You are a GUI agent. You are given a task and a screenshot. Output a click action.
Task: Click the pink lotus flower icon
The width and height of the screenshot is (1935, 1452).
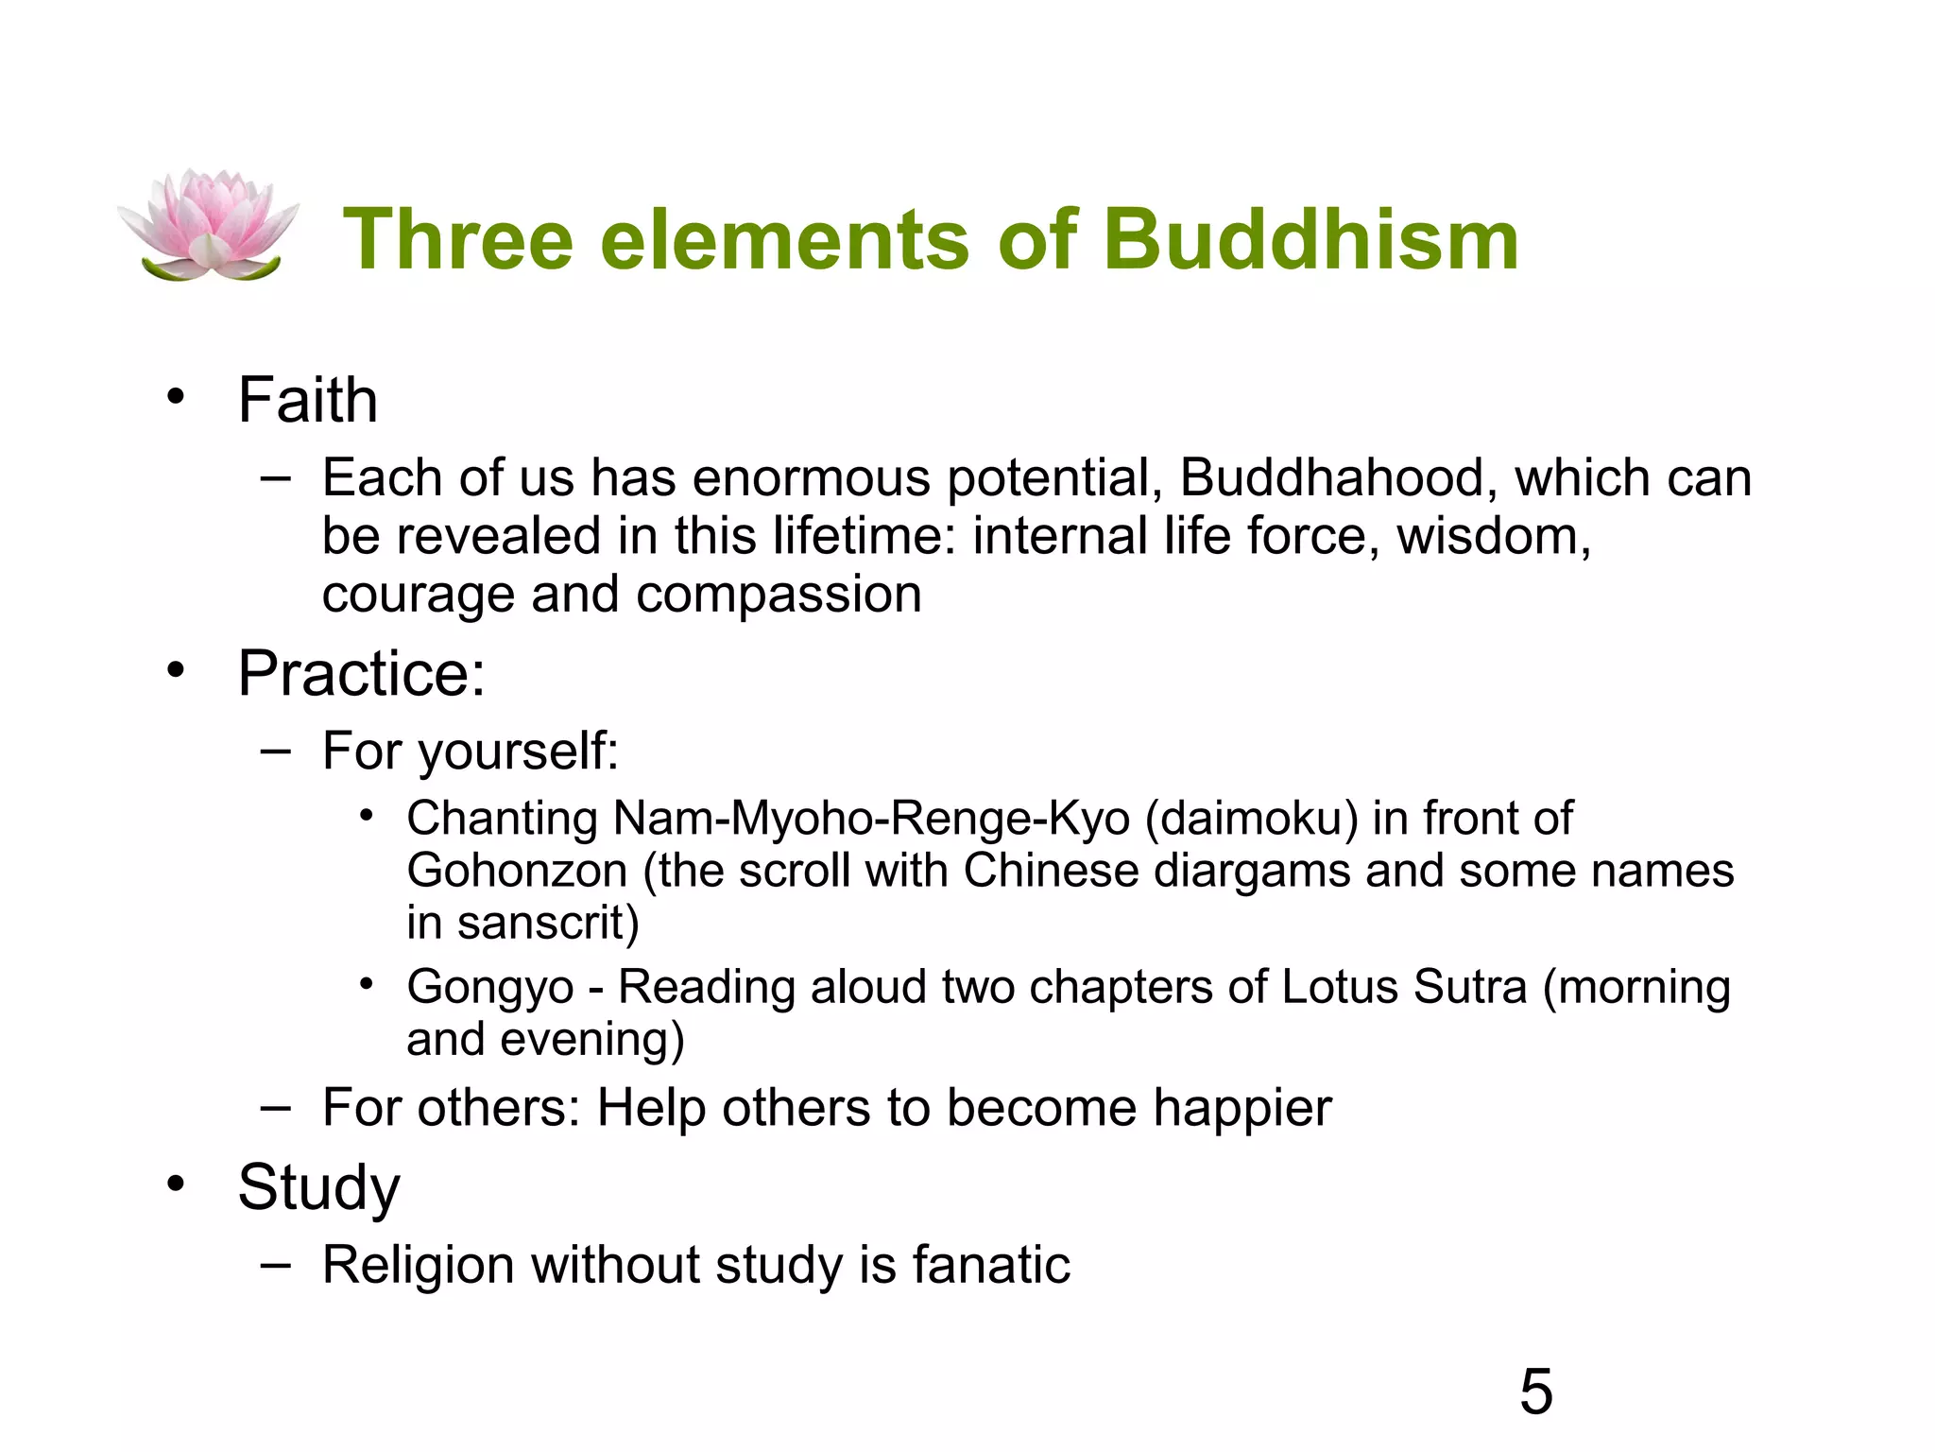(208, 226)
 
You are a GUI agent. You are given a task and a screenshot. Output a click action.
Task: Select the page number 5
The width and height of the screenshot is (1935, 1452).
(1535, 1391)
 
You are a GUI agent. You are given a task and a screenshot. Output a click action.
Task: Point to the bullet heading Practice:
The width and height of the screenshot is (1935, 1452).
(362, 674)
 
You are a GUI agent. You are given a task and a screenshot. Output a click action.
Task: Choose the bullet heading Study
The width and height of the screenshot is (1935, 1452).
(319, 1188)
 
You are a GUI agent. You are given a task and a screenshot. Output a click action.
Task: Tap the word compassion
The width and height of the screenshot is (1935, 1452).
(779, 595)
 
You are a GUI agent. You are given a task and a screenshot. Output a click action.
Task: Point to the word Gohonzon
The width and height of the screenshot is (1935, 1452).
(517, 871)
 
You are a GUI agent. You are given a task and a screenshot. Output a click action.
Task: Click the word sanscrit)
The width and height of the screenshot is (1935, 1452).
(548, 923)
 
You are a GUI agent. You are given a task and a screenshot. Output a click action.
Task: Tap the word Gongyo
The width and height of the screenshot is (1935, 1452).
(490, 988)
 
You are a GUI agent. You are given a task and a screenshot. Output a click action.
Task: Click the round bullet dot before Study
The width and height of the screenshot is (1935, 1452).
(175, 1184)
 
